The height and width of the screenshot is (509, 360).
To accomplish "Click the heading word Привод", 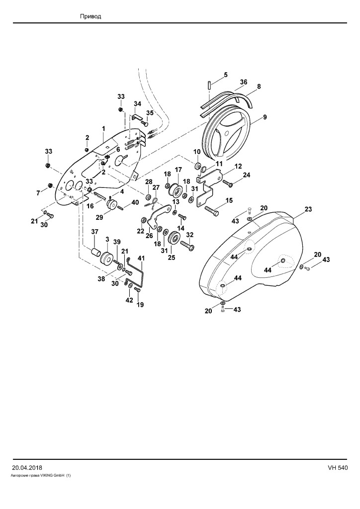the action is point(90,16).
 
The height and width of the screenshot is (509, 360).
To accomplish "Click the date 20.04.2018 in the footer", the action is point(27,468).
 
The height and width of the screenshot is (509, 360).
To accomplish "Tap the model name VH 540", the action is point(338,468).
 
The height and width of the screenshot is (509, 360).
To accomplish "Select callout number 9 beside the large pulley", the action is point(265,117).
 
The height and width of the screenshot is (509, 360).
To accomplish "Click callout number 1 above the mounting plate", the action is point(103,129).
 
